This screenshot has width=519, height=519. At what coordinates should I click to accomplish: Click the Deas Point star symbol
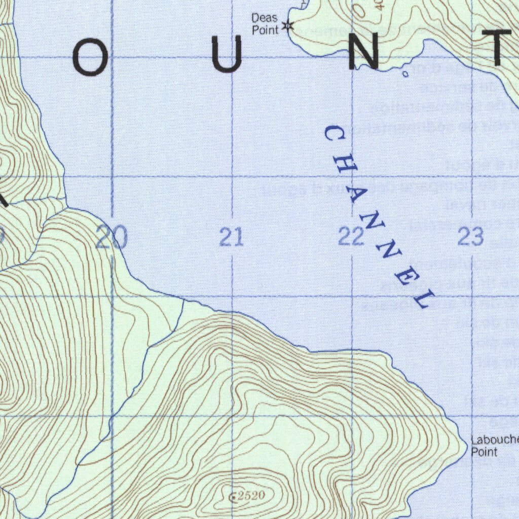coord(288,25)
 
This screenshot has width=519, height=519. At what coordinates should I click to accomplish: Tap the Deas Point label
coord(265,24)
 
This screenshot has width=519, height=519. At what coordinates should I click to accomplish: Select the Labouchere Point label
coord(494,446)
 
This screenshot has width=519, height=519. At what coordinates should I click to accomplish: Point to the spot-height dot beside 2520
coord(233,497)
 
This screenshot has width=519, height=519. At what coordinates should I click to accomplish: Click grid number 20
coord(112,237)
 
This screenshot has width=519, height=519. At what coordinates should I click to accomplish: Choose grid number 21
coord(231,237)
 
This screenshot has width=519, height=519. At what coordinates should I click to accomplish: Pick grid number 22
coord(351,237)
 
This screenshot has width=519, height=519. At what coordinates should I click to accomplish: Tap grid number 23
coord(470,237)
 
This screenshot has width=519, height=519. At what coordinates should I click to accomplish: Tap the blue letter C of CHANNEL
coord(335,134)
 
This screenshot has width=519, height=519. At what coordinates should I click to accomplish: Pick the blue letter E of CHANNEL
coord(409,276)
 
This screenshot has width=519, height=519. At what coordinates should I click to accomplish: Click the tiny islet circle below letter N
coord(405,75)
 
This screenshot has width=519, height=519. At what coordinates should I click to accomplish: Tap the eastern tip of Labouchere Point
coord(466,444)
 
